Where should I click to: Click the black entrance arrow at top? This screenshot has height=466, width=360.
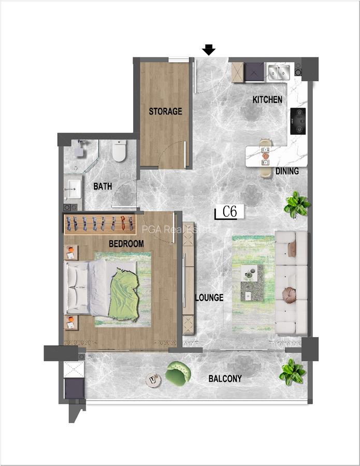pyautogui.click(x=209, y=50)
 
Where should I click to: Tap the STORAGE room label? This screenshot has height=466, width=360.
pyautogui.click(x=165, y=111)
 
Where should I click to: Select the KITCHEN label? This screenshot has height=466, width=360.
pyautogui.click(x=267, y=99)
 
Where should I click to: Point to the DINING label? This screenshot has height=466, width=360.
pyautogui.click(x=287, y=171)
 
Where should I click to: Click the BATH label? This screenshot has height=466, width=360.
pyautogui.click(x=103, y=186)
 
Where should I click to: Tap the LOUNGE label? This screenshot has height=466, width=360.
pyautogui.click(x=209, y=298)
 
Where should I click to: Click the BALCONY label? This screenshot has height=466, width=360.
pyautogui.click(x=225, y=378)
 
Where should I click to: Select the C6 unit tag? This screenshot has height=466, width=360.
pyautogui.click(x=228, y=212)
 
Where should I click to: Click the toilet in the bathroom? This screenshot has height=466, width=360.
pyautogui.click(x=120, y=151)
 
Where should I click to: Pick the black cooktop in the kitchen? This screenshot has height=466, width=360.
pyautogui.click(x=298, y=121)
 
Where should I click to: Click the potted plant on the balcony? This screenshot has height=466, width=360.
pyautogui.click(x=291, y=372)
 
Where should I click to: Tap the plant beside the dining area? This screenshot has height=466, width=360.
pyautogui.click(x=297, y=205)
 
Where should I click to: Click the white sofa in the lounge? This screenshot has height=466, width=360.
pyautogui.click(x=291, y=282)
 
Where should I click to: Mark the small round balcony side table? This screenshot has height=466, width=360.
pyautogui.click(x=154, y=381)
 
